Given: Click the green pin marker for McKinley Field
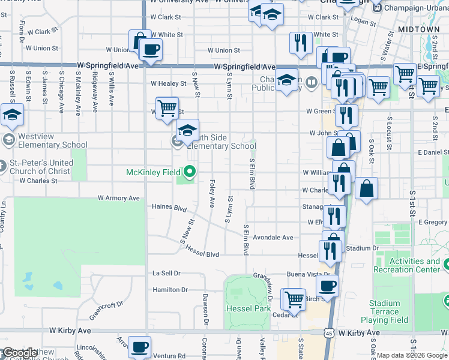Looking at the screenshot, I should point(190,172).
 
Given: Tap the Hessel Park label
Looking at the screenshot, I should point(248,308).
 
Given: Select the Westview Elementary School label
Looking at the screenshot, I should point(52,140).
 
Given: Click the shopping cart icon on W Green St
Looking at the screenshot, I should point(167,108).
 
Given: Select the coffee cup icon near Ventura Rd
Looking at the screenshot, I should point(139,346).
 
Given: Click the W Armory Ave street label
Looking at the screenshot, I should point(119,198).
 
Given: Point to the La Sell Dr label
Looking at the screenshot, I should point(166,273).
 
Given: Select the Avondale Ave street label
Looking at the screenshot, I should point(273,238).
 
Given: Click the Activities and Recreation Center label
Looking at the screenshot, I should point(415,265).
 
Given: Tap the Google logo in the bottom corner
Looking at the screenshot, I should point(19,353).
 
